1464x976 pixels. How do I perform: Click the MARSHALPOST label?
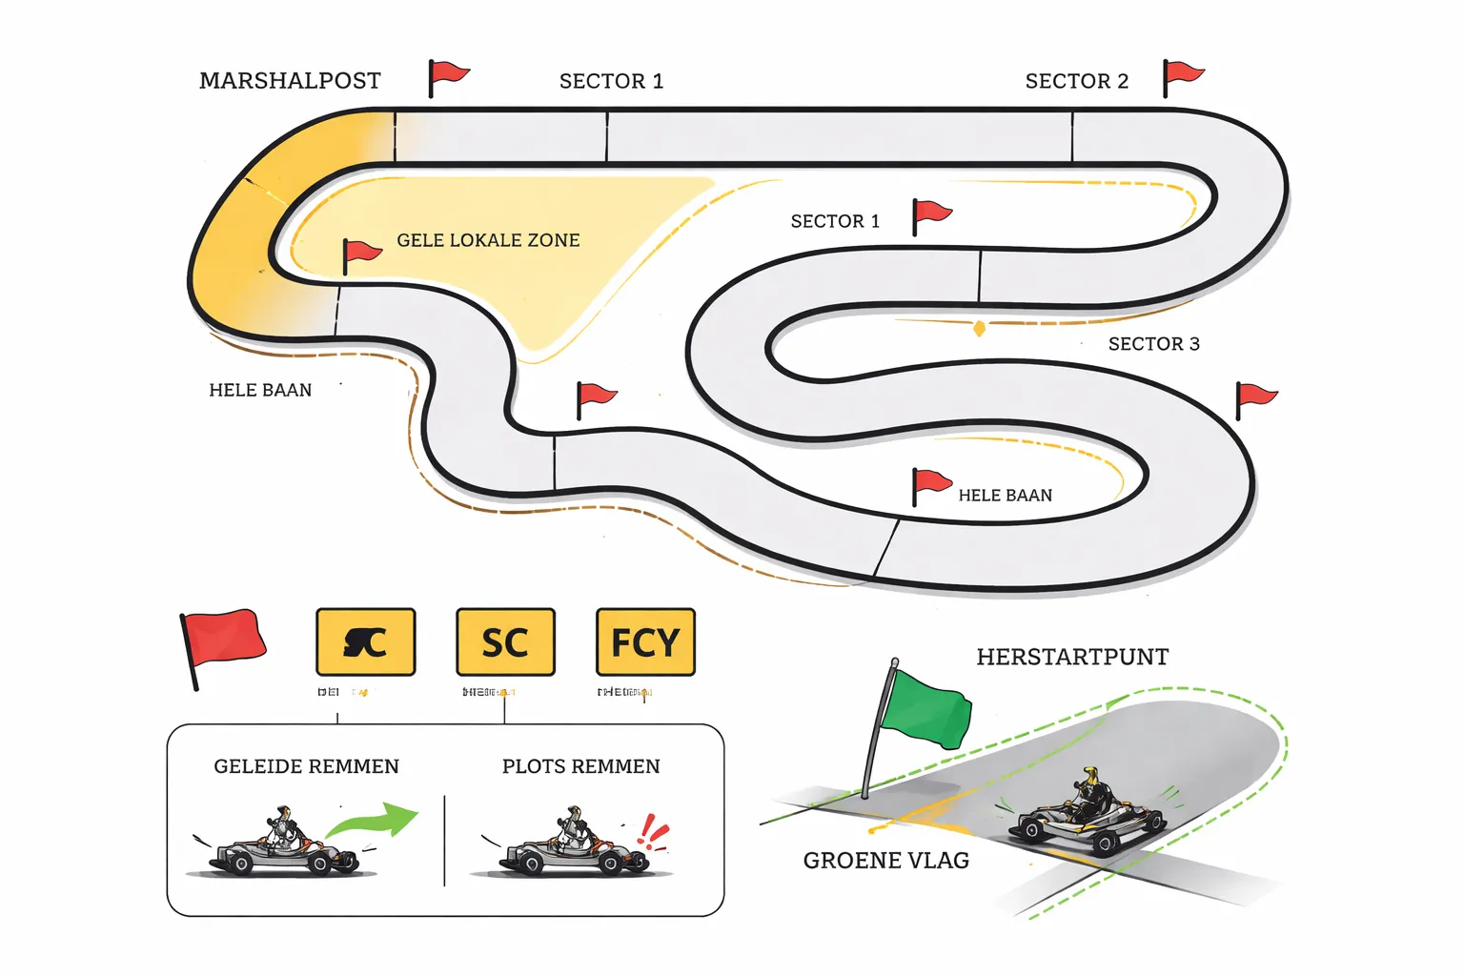(290, 81)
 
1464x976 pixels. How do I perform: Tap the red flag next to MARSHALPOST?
(448, 74)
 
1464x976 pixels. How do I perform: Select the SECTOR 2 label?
(1076, 81)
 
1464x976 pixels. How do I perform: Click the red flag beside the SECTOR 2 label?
(1183, 74)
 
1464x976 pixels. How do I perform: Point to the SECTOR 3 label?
(1153, 344)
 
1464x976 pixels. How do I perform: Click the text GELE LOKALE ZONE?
(488, 240)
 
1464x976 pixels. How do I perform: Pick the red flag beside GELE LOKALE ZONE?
(361, 254)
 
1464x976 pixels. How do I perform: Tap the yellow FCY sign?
(645, 642)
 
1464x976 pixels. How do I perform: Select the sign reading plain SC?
(505, 642)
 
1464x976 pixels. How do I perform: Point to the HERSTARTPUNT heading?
(1072, 657)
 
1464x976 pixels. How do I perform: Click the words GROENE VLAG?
(885, 861)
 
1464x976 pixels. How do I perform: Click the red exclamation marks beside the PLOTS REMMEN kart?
(654, 831)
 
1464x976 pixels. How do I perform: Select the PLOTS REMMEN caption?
(580, 766)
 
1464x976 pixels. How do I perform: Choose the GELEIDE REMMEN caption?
(306, 766)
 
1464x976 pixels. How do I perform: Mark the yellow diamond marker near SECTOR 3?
(979, 329)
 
